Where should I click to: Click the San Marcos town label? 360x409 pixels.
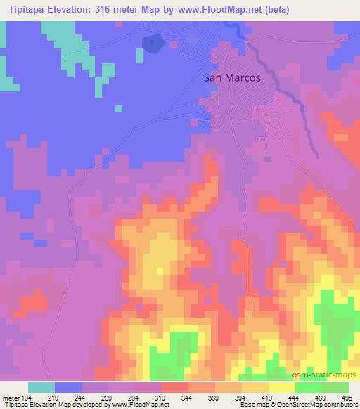[232, 79]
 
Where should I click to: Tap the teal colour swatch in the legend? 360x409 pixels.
[42, 387]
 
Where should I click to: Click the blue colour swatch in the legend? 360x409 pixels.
[69, 387]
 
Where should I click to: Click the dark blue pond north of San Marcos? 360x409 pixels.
[151, 44]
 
